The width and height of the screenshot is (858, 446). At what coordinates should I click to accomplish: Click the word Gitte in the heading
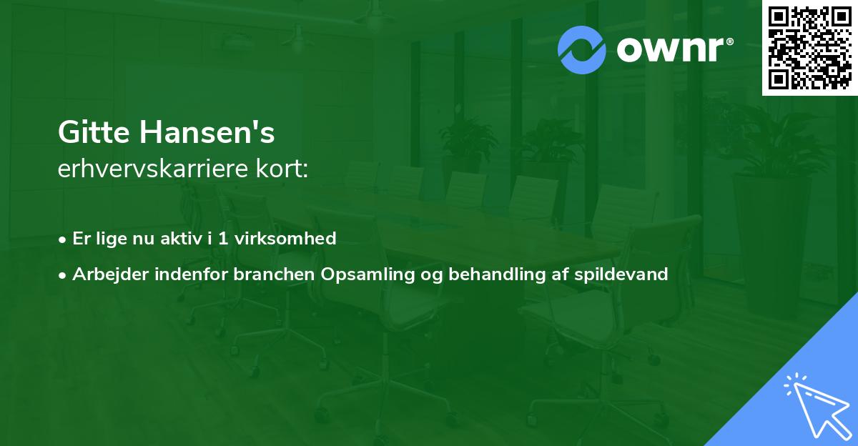click(89, 133)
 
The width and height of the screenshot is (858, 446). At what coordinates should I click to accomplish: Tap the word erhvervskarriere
click(156, 169)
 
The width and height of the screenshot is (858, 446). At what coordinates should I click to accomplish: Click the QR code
click(809, 46)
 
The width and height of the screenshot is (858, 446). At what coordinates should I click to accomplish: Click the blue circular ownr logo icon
click(582, 50)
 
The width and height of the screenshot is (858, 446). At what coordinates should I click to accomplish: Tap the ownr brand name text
click(670, 50)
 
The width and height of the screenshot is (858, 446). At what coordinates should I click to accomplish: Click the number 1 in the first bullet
click(223, 238)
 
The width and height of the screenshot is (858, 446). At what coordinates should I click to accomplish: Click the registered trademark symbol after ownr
click(729, 42)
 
